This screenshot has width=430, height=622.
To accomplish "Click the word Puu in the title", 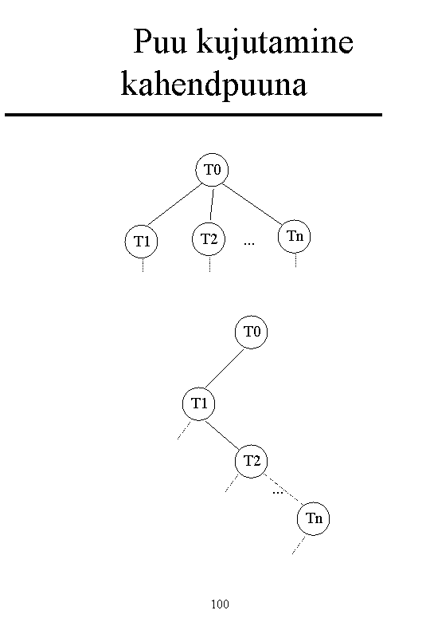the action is pos(160,41).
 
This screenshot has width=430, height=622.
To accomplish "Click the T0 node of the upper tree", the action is pos(213,170).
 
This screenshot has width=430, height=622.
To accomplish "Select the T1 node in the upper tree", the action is pos(142,241).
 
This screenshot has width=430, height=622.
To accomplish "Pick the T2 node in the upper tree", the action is pos(209,239).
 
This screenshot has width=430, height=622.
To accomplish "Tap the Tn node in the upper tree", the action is pos(294,236).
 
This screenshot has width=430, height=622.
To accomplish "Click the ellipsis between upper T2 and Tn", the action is pos(249,242).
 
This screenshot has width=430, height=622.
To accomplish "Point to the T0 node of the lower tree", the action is pos(251,332).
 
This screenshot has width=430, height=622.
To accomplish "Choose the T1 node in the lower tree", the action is pos(199,404).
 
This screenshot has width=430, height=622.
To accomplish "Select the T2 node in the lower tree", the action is pos(251,462).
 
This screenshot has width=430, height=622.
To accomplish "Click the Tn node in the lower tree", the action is pos(313,519).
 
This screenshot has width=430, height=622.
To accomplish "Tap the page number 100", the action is pos(220,604).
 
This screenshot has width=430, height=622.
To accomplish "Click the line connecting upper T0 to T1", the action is pos(174,205).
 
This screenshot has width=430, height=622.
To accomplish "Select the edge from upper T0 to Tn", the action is pos(252,203).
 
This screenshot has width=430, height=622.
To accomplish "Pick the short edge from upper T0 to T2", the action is pos(212,204).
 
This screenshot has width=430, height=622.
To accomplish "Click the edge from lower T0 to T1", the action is pos(224,369).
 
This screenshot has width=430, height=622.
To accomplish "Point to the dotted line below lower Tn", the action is pos(299,545).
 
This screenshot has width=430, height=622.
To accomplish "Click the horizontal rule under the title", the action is pos(193,115).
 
